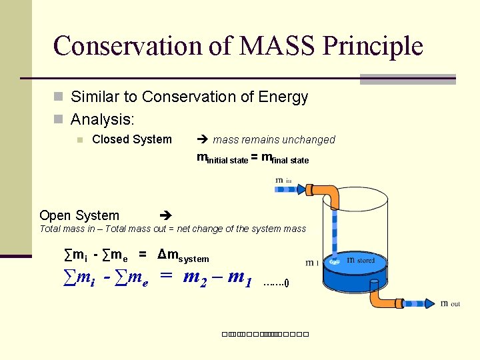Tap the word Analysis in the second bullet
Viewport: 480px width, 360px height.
coord(101,120)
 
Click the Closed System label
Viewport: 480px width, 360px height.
coord(131,139)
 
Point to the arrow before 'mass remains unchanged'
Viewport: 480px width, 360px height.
coord(203,139)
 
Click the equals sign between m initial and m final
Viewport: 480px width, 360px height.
coord(255,158)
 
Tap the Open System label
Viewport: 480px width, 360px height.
coord(79,215)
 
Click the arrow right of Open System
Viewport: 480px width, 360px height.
coord(167,215)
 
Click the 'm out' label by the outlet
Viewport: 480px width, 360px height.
coord(450,303)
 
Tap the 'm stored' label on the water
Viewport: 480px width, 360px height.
coord(361,261)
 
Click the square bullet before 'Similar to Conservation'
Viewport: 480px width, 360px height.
coord(58,97)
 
